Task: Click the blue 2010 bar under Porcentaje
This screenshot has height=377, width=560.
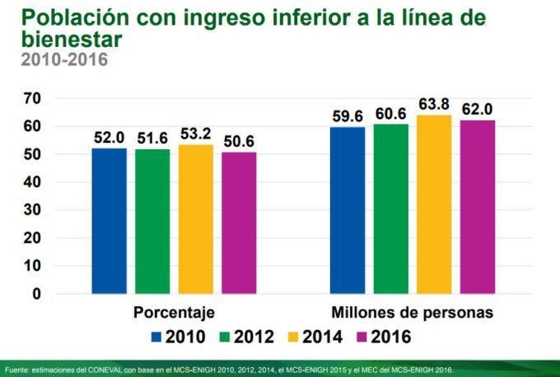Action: [109, 220]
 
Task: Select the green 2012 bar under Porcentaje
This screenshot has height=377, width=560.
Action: [152, 221]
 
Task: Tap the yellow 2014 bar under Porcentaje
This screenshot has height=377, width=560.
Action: [196, 219]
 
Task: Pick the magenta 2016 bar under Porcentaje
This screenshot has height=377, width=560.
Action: [239, 223]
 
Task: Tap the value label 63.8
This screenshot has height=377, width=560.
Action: [434, 105]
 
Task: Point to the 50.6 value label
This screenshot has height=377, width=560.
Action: [239, 142]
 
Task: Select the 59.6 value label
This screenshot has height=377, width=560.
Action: [348, 116]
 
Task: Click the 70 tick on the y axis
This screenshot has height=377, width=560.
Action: [32, 98]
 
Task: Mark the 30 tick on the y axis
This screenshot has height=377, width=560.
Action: [32, 210]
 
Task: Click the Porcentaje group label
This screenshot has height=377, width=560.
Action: [174, 313]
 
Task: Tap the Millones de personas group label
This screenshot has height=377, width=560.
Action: [413, 313]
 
